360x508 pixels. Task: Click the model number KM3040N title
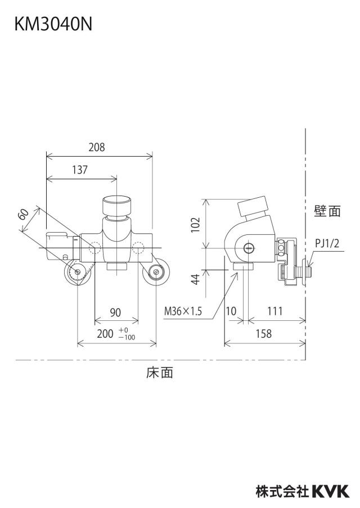53,24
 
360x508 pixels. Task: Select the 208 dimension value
97,147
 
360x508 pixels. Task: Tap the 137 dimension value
80,170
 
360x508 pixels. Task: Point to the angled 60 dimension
24,214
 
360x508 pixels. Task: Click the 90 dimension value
115,312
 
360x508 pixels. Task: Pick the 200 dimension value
105,334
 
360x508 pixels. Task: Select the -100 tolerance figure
127,338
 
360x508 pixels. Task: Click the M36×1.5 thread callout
183,311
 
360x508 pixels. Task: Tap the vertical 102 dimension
196,225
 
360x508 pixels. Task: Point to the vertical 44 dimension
196,279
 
